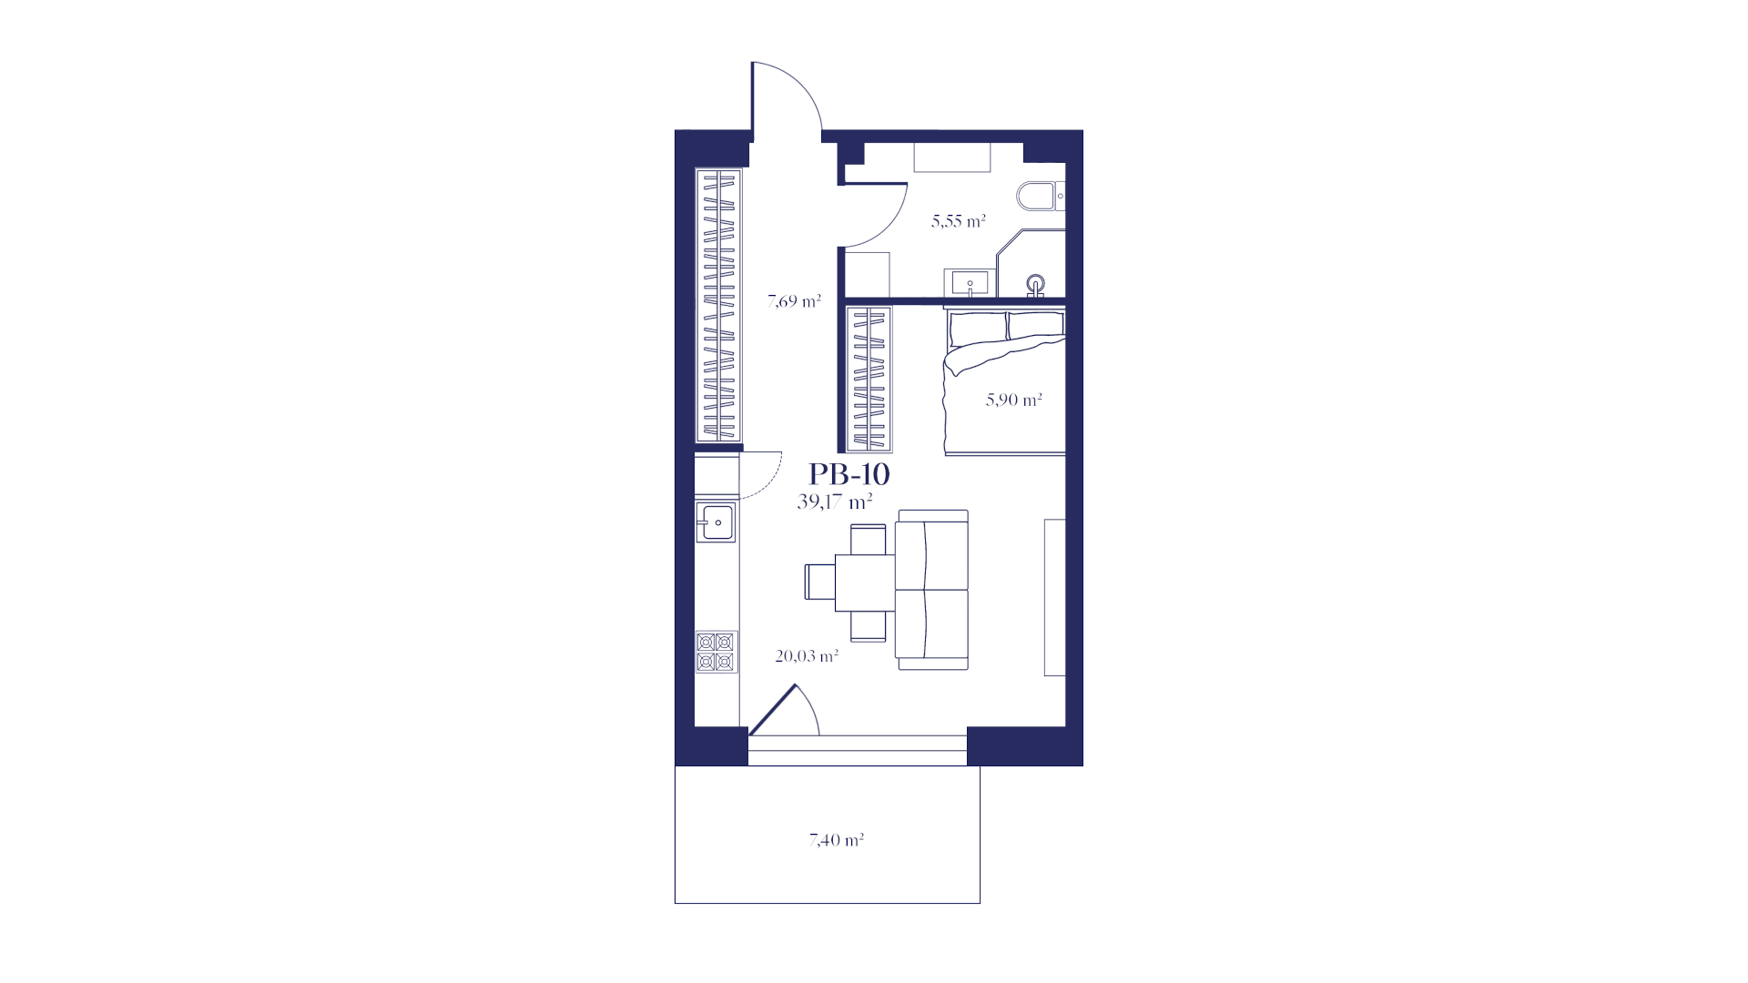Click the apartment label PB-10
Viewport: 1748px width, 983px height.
pyautogui.click(x=849, y=474)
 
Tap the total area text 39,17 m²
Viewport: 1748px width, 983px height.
pyautogui.click(x=835, y=501)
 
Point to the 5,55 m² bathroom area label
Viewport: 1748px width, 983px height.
pyautogui.click(x=959, y=220)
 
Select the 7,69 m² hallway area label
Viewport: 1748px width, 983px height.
pyautogui.click(x=794, y=300)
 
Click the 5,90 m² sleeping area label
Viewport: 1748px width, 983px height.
pyautogui.click(x=1014, y=400)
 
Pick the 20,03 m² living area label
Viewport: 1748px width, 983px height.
pyautogui.click(x=807, y=655)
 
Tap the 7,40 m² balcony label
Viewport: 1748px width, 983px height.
pyautogui.click(x=837, y=840)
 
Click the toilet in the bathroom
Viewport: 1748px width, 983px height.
pyautogui.click(x=1040, y=196)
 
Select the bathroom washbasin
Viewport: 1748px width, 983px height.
pyautogui.click(x=971, y=283)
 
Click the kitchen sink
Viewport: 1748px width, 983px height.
pyautogui.click(x=716, y=522)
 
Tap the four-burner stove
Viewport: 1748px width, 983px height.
pyautogui.click(x=716, y=652)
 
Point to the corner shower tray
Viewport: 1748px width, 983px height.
pyautogui.click(x=1032, y=263)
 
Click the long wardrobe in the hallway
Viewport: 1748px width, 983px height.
pyautogui.click(x=718, y=306)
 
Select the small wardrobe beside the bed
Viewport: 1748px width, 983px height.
pyautogui.click(x=869, y=379)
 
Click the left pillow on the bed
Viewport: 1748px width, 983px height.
pyautogui.click(x=978, y=325)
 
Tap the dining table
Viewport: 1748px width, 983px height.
pyautogui.click(x=865, y=583)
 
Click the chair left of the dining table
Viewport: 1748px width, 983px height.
pyautogui.click(x=819, y=582)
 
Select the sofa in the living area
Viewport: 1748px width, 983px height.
pyautogui.click(x=932, y=590)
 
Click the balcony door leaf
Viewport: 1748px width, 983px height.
pyautogui.click(x=772, y=709)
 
